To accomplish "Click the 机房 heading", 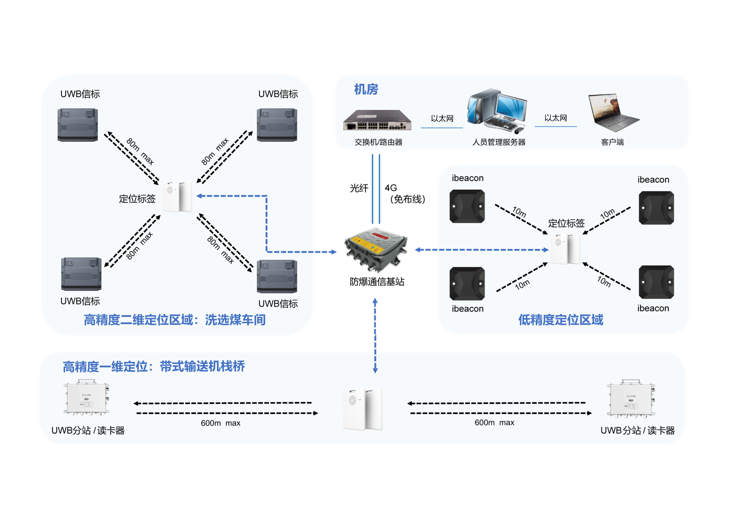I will pyautogui.click(x=366, y=89).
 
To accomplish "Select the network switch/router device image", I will pyautogui.click(x=378, y=120).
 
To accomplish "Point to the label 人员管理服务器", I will pyautogui.click(x=499, y=142).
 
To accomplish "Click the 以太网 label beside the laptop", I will pyautogui.click(x=555, y=118).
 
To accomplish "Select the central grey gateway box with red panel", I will pyautogui.click(x=376, y=249).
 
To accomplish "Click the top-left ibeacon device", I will pyautogui.click(x=467, y=206).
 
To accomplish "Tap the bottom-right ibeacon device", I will pyautogui.click(x=656, y=282).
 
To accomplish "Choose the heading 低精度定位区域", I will pyautogui.click(x=560, y=320).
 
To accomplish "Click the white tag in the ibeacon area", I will pyautogui.click(x=566, y=248).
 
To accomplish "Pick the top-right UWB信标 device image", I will pyautogui.click(x=277, y=125).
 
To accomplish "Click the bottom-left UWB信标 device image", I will pyautogui.click(x=81, y=274).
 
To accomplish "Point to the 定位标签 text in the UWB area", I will pyautogui.click(x=137, y=199).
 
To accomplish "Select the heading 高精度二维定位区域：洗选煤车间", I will pyautogui.click(x=174, y=320).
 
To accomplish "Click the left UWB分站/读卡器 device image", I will pyautogui.click(x=86, y=398).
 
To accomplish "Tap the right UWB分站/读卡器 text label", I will pyautogui.click(x=637, y=431).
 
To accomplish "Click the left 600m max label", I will pyautogui.click(x=220, y=423).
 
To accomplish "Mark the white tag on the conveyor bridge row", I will pyautogui.click(x=362, y=409).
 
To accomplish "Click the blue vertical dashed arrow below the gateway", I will pyautogui.click(x=375, y=336).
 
